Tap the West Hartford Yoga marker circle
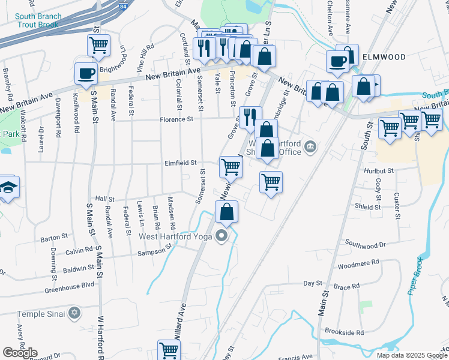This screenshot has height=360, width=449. tap(222, 235)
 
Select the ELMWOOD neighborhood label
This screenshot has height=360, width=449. tap(384, 57)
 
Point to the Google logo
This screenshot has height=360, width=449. tap(20, 353)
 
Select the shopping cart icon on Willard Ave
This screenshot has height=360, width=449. tap(169, 350)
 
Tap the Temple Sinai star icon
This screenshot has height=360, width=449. tap(74, 313)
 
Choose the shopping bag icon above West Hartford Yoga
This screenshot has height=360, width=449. tap(226, 212)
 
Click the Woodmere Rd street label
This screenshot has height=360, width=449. tap(358, 263)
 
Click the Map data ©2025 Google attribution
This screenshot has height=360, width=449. tap(411, 355)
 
